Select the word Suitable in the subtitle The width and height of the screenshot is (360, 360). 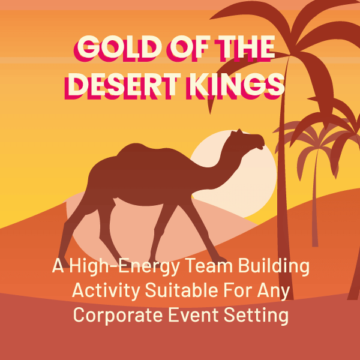click(181, 291)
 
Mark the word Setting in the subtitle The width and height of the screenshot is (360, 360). click(256, 316)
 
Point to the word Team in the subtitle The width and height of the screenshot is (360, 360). click(209, 267)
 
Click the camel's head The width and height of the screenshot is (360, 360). click(250, 139)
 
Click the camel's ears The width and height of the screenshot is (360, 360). click(236, 132)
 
